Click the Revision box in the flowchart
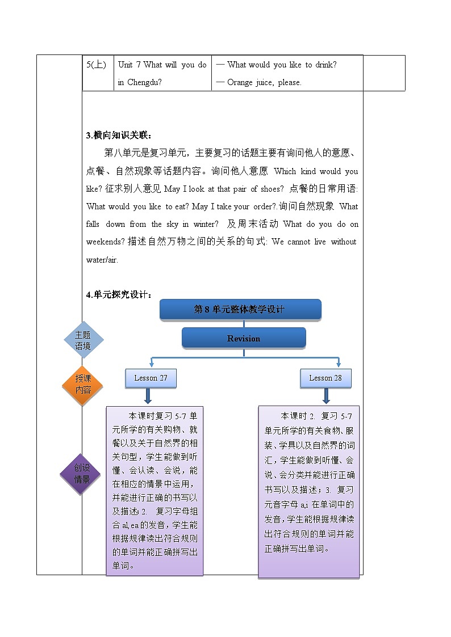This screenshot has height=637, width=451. tap(244, 338)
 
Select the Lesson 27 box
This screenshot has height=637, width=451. tap(151, 378)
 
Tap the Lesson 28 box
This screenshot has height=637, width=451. tap(325, 378)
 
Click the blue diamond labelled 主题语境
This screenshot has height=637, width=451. tap(83, 340)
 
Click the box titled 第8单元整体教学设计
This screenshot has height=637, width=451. tap(240, 309)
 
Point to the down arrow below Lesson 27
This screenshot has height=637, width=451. tap(151, 396)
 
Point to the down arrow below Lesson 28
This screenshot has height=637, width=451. tap(326, 395)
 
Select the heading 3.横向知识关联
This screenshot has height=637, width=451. tap(119, 135)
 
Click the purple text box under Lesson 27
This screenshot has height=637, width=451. tap(155, 491)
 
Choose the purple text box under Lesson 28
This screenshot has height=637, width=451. tap(309, 491)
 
